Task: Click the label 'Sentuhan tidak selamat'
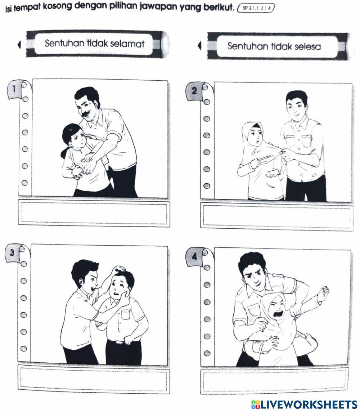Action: pyautogui.click(x=95, y=44)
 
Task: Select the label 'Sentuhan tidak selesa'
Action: pyautogui.click(x=274, y=46)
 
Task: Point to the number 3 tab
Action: pyautogui.click(x=13, y=253)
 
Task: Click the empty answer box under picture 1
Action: pyautogui.click(x=94, y=213)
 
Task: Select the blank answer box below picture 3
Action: pyautogui.click(x=94, y=379)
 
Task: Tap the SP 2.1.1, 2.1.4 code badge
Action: pyautogui.click(x=256, y=8)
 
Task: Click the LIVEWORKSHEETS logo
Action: pyautogui.click(x=304, y=404)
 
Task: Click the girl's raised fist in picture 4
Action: pyautogui.click(x=324, y=292)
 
